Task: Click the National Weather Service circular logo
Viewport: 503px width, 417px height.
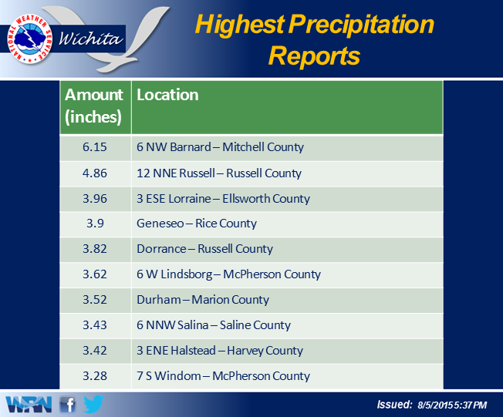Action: (30, 39)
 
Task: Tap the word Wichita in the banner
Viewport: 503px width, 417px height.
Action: (90, 39)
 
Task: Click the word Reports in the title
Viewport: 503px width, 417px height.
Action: (315, 55)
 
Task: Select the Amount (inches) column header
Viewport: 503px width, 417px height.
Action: (93, 106)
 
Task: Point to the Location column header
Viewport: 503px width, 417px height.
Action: (167, 95)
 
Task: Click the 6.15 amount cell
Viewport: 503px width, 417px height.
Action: (95, 146)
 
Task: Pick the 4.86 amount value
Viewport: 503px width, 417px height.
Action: (95, 173)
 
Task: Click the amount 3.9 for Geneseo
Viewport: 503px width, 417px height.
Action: (95, 223)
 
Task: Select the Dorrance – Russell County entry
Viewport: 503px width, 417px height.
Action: (204, 249)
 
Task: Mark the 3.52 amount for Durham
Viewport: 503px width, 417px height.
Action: (95, 299)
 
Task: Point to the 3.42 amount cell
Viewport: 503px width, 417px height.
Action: (95, 351)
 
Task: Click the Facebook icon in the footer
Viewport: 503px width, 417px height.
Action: (68, 405)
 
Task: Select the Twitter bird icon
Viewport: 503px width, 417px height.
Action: (93, 404)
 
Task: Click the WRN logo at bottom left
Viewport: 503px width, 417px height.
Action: (29, 405)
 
